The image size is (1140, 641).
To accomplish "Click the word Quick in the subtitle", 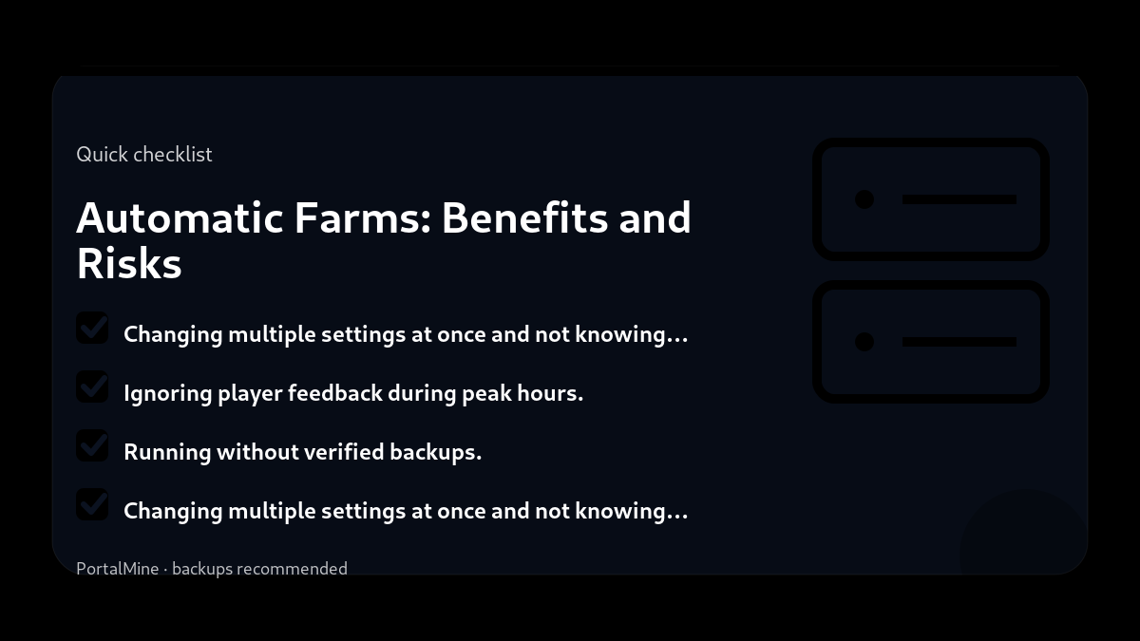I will click(x=102, y=155).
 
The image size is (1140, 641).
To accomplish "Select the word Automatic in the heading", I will click(x=180, y=217).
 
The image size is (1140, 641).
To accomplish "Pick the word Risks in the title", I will click(x=128, y=263).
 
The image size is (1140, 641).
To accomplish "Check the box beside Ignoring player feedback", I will click(x=92, y=386).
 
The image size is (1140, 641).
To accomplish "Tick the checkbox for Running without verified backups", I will click(x=92, y=445).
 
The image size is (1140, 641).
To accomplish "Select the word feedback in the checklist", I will click(x=334, y=393).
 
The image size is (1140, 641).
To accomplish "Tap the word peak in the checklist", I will click(x=486, y=393).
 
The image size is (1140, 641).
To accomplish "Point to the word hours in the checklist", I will click(x=549, y=393).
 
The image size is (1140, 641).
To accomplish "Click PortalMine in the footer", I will click(x=118, y=569).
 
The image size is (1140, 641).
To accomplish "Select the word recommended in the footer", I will click(x=292, y=569).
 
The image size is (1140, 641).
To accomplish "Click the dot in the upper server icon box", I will click(x=864, y=199).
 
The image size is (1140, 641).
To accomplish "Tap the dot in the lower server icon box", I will click(x=864, y=342).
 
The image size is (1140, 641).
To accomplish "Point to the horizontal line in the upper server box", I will click(x=959, y=199).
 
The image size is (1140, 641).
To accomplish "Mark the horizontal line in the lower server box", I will click(x=959, y=342).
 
